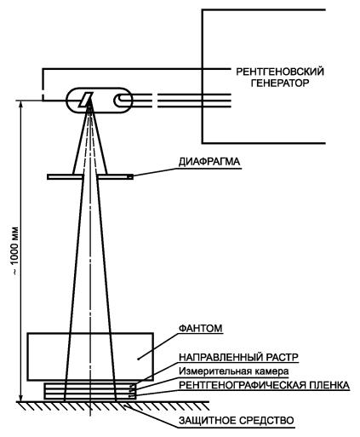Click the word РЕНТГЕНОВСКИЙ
pos(280,72)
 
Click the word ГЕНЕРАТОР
pos(280,83)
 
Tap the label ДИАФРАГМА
pos(209,162)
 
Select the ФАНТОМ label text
pos(200,328)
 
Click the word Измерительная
pos(215,371)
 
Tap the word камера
pos(271,371)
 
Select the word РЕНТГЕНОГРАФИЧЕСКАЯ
pos(242,385)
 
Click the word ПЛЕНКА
pos(329,385)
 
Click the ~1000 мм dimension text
pos(14,250)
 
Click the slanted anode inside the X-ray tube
pos(85,101)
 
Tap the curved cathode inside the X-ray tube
pos(119,100)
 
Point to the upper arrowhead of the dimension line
pos(20,104)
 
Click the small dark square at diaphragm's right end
pos(130,177)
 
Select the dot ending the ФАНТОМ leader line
pos(138,359)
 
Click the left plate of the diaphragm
pos(65,177)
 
